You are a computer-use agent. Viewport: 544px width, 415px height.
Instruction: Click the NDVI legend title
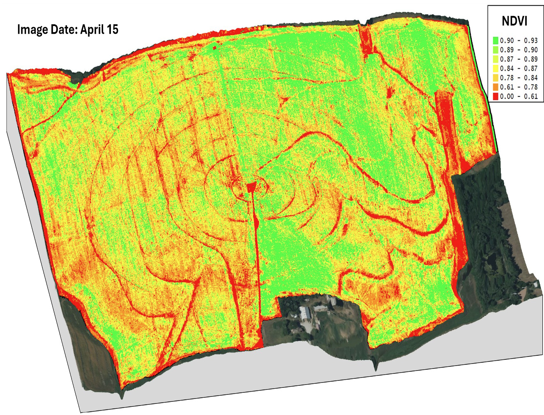point(514,21)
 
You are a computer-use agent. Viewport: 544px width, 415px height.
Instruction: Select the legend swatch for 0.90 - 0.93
point(496,40)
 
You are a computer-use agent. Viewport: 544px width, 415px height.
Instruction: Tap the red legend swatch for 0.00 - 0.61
point(496,96)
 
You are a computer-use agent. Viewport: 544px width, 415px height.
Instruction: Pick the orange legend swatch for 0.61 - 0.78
point(496,87)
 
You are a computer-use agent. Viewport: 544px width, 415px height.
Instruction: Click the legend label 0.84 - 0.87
point(519,68)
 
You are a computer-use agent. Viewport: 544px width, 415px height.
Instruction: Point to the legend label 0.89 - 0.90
point(519,50)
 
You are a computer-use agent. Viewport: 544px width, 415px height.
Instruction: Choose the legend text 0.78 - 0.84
point(519,78)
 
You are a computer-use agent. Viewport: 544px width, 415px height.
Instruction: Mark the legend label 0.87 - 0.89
point(519,59)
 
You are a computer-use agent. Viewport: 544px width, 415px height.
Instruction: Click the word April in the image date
point(92,30)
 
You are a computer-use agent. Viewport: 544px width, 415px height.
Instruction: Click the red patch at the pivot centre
point(251,188)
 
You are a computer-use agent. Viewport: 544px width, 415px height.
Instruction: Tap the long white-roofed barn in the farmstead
point(305,313)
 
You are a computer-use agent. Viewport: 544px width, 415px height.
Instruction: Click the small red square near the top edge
point(214,48)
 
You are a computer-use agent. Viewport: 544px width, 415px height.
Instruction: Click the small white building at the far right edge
point(536,284)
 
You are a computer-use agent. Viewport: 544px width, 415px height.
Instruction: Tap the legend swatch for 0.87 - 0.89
point(496,59)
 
